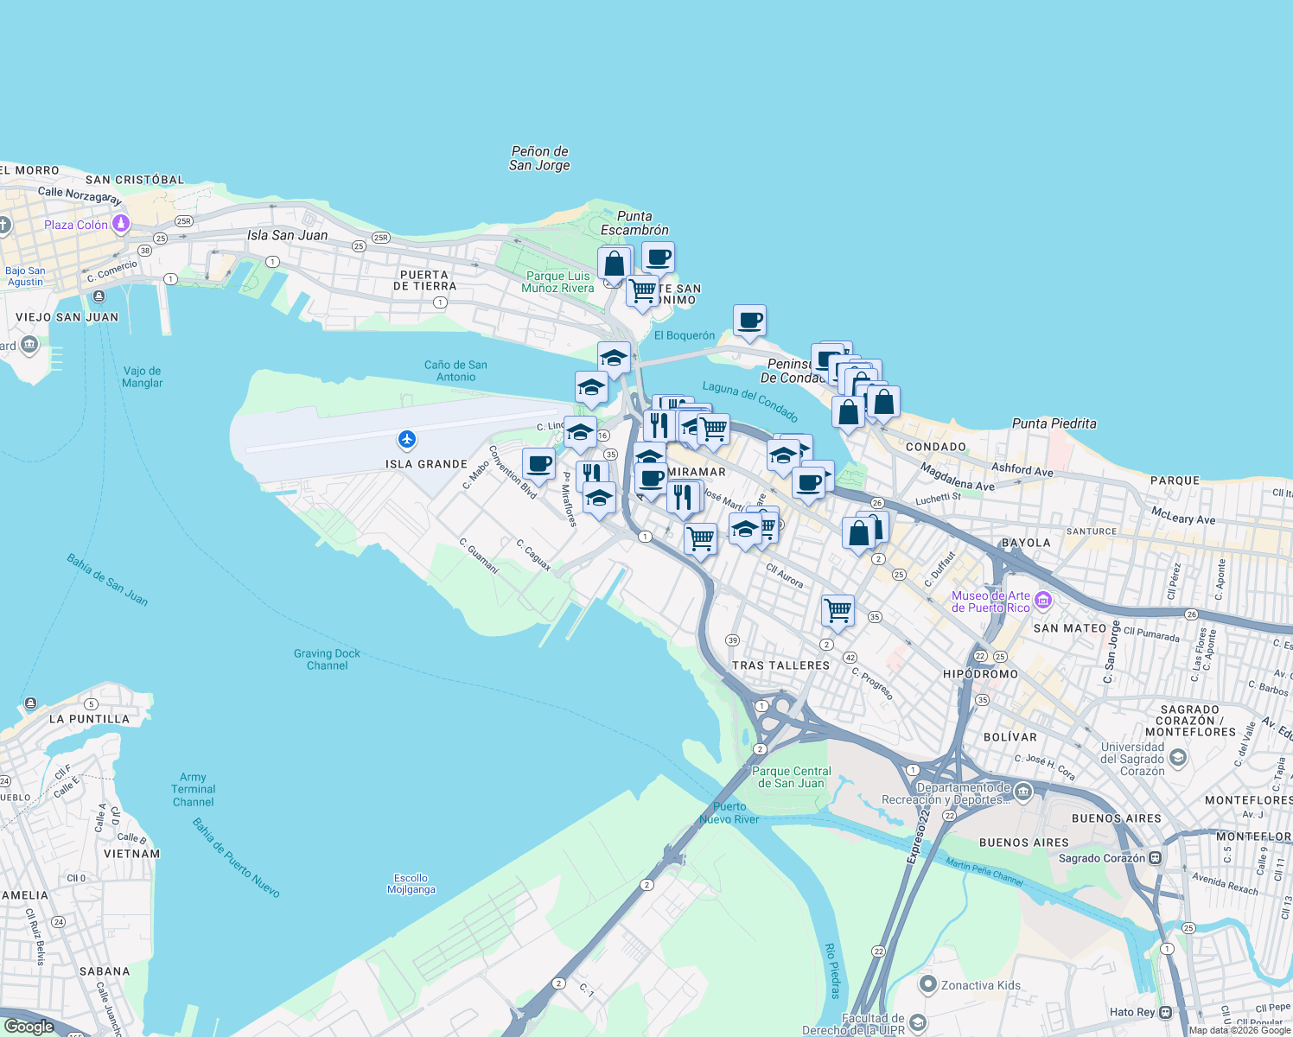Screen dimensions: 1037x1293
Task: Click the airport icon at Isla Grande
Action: pyautogui.click(x=407, y=440)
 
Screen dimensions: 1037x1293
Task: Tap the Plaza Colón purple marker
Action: pyautogui.click(x=121, y=225)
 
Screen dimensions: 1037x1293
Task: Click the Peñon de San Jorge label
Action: pyautogui.click(x=539, y=158)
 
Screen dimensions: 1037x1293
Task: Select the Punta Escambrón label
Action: pyautogui.click(x=634, y=223)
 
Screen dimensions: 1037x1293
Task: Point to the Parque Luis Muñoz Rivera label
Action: pyautogui.click(x=557, y=282)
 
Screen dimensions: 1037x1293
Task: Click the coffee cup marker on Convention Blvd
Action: pyautogui.click(x=538, y=464)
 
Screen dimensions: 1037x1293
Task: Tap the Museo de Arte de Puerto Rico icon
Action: pyautogui.click(x=1042, y=600)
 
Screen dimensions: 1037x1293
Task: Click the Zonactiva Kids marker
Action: pyautogui.click(x=928, y=984)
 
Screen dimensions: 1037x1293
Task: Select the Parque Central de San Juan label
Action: pyautogui.click(x=791, y=777)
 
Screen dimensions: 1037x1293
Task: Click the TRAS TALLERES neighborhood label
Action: pyautogui.click(x=780, y=665)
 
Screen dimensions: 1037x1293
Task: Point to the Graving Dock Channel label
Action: pyautogui.click(x=327, y=659)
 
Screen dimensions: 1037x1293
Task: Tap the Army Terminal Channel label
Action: pyautogui.click(x=193, y=790)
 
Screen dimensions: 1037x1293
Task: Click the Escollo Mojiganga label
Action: pyautogui.click(x=411, y=883)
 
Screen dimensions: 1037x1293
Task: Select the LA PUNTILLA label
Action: pyautogui.click(x=89, y=719)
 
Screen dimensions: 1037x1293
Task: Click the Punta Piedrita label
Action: pyautogui.click(x=1054, y=423)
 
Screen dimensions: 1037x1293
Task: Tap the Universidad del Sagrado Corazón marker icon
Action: pyautogui.click(x=1177, y=758)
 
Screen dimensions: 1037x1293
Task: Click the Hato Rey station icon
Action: pyautogui.click(x=1166, y=1012)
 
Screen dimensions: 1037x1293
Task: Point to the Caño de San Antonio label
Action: pyautogui.click(x=455, y=371)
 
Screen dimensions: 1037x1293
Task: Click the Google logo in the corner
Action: pyautogui.click(x=29, y=1027)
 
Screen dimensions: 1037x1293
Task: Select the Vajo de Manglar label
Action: pyautogui.click(x=143, y=377)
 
